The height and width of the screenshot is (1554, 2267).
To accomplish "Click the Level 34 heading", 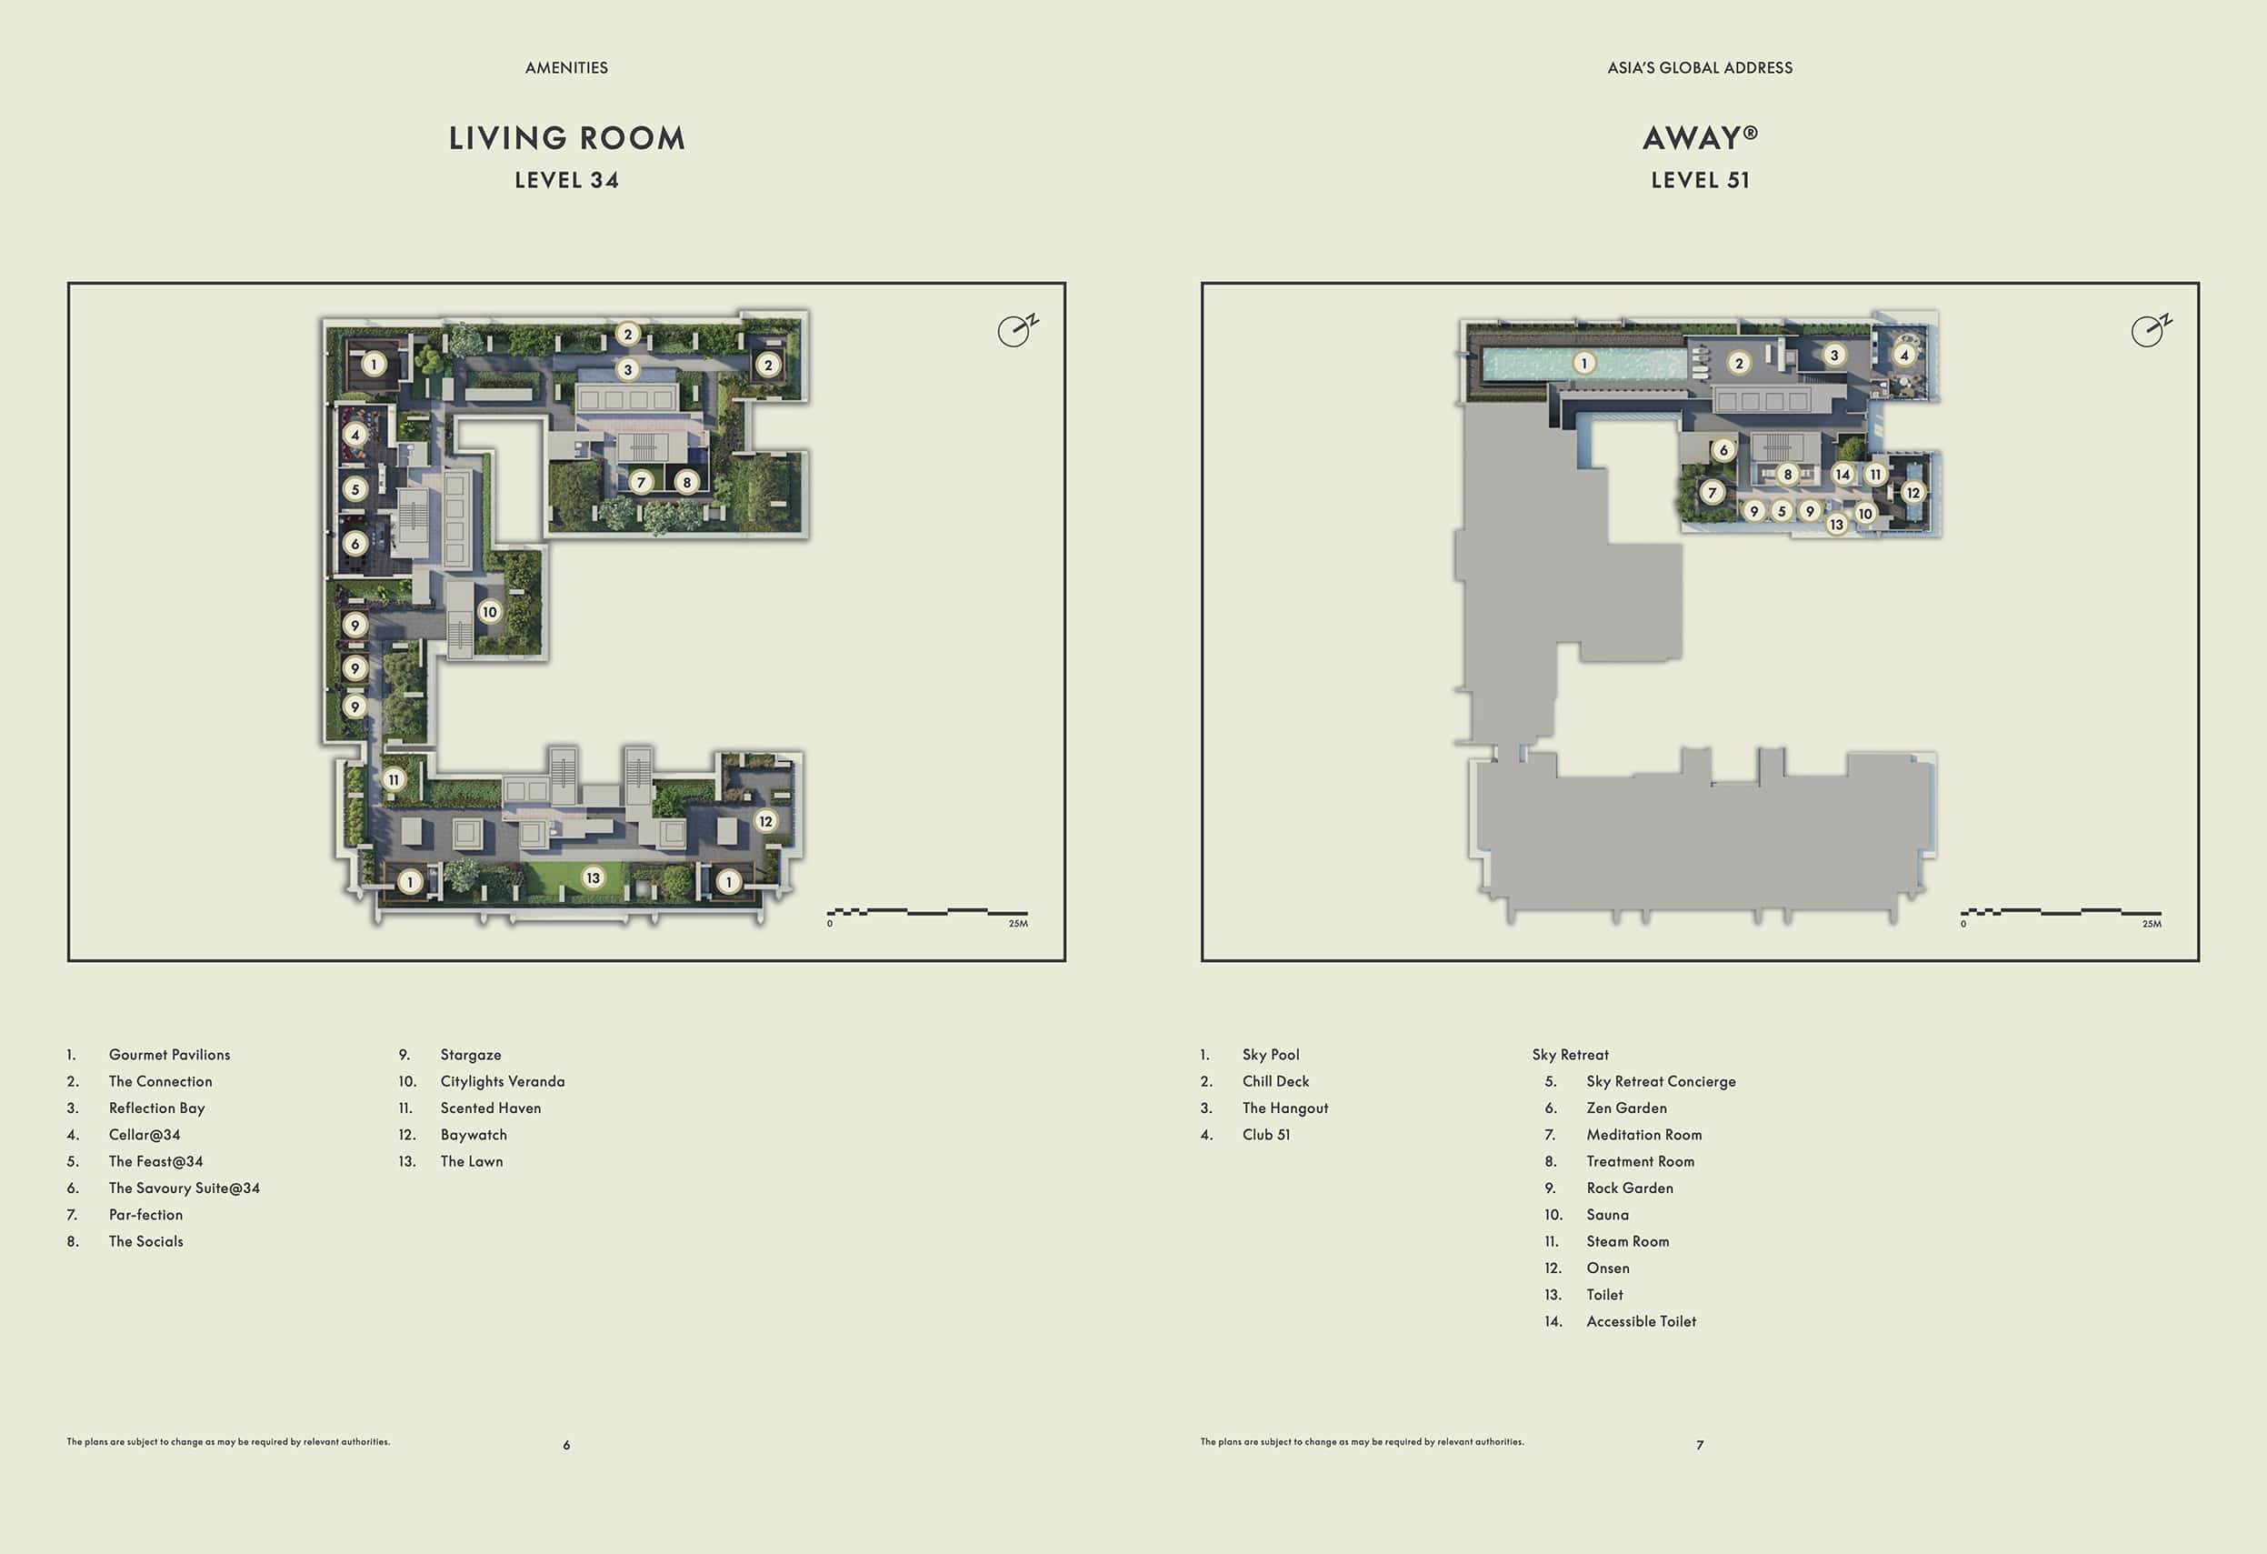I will pos(567,180).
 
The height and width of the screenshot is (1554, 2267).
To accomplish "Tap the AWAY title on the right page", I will pos(1699,137).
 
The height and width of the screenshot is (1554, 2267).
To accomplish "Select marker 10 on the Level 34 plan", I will pos(490,612).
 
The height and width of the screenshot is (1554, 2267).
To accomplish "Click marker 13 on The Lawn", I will pos(592,878).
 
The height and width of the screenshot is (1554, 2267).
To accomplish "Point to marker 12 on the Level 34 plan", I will pos(765,821).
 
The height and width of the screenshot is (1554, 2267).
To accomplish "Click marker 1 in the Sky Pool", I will pos(1584,363).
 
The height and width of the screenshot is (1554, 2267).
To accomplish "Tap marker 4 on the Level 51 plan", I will pos(1904,356).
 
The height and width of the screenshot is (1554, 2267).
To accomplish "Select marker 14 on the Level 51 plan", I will pos(1843,474).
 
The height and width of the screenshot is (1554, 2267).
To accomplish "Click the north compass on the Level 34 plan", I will pos(1016,331).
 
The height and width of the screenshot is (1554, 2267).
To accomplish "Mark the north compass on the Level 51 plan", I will pos(2150,331).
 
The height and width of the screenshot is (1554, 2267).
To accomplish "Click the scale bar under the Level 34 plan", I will pos(926,912).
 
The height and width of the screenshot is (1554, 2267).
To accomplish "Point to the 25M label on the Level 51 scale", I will pos(2151,924).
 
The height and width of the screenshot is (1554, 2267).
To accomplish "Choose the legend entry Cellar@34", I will pos(145,1135).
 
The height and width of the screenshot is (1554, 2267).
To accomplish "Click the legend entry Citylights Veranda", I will pos(503,1081).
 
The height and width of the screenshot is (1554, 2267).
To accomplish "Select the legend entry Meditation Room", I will pos(1643,1135).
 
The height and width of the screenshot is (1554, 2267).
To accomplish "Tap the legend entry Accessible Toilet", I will pos(1641,1321).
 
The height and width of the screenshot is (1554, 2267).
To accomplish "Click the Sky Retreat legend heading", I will pos(1571,1055).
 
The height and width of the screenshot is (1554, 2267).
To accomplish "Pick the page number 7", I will pos(1699,1445).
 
